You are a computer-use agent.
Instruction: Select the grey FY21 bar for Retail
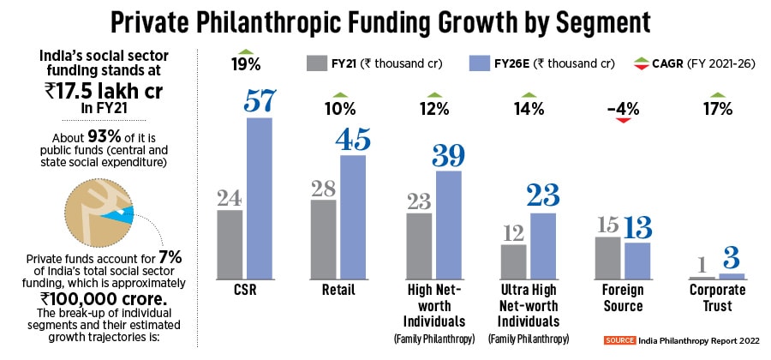[323, 239]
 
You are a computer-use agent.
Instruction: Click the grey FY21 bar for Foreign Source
[607, 258]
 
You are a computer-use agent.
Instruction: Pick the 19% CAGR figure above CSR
[246, 63]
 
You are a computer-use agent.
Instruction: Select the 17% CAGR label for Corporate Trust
[718, 109]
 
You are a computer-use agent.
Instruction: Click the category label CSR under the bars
[246, 291]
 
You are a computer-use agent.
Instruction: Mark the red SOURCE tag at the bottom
[619, 340]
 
